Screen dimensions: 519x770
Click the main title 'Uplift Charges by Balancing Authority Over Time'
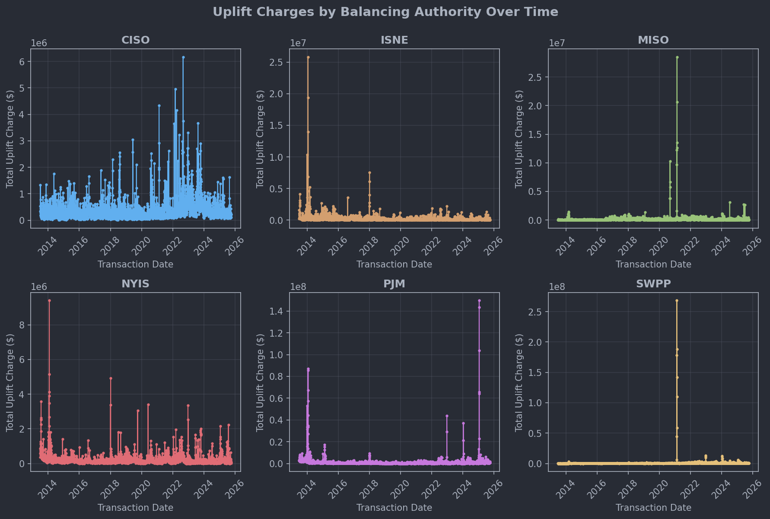(385, 12)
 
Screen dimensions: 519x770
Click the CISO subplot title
(135, 40)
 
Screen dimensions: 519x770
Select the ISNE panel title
(394, 40)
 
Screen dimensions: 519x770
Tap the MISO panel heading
(653, 40)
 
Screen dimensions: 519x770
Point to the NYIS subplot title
(135, 284)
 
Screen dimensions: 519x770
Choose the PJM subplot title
(394, 284)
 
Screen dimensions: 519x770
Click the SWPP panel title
(653, 284)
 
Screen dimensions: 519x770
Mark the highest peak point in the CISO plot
(183, 57)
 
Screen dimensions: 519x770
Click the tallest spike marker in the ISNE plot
(308, 57)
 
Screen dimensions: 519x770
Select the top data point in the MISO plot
(677, 57)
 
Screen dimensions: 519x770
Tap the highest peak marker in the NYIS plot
(49, 301)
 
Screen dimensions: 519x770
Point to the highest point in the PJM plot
(479, 301)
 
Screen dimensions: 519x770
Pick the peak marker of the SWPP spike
(677, 301)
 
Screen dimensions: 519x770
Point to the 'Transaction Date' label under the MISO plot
(653, 264)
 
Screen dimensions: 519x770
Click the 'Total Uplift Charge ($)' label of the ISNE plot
(260, 139)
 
